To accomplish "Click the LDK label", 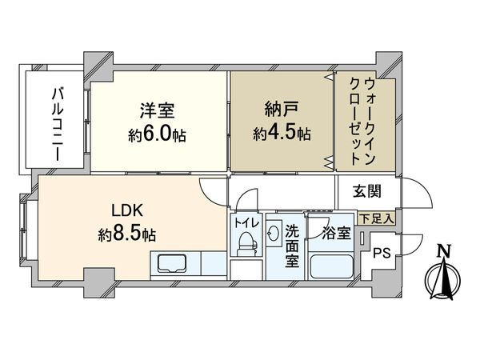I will [126, 214].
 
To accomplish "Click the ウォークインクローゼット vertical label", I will [364, 120].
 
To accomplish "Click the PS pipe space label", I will [382, 254].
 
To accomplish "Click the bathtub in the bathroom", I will [330, 265].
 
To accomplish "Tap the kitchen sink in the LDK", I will [171, 264].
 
